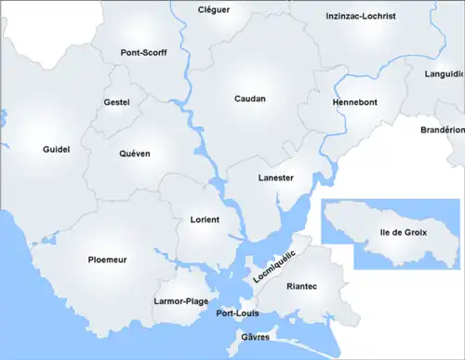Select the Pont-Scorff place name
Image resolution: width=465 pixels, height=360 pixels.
144,53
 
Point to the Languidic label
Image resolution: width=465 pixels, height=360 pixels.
444,73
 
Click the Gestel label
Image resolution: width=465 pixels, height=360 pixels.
117,101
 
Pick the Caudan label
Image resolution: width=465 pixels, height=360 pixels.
249,98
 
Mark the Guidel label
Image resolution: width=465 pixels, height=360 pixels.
56,149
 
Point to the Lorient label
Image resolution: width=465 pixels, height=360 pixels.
204,220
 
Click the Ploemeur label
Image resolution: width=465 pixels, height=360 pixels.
107,260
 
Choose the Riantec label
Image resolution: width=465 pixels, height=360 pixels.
302,287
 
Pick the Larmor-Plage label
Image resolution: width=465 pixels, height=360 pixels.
180,301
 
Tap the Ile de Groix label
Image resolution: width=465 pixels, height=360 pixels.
404,230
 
